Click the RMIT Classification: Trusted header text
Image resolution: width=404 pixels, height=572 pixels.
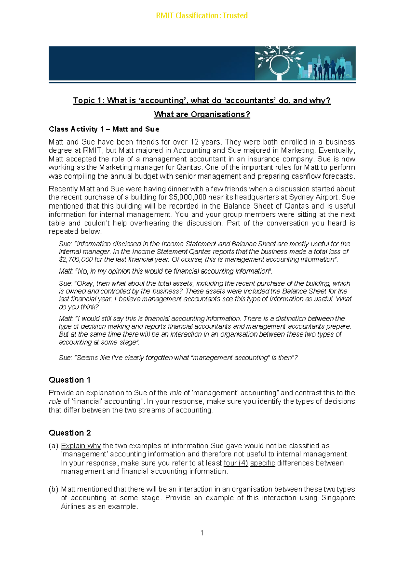coord(202,15)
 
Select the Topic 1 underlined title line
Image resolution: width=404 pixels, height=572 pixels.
coord(202,100)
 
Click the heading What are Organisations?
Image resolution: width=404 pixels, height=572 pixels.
coord(202,114)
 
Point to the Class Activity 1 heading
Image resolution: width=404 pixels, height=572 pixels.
coord(104,129)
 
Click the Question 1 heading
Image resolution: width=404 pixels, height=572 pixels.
coord(69,380)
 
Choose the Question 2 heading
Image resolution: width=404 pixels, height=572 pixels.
coord(70,433)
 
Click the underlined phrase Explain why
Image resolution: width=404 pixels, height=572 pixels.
coord(81,446)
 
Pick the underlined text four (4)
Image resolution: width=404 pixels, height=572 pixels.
coord(236,463)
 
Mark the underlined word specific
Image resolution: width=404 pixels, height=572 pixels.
coord(263,463)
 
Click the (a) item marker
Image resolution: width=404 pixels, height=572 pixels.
coord(53,446)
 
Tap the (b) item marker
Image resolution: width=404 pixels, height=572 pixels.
coord(53,489)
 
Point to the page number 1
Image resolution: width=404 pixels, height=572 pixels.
coord(202,533)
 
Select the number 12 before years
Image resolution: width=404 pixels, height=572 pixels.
coord(195,142)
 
